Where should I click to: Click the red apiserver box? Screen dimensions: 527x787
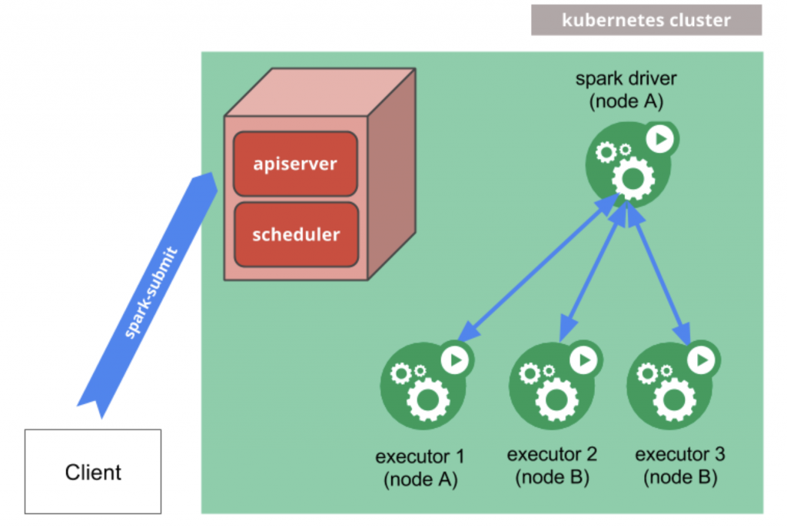[x=295, y=164]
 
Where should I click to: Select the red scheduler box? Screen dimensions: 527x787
[x=296, y=234]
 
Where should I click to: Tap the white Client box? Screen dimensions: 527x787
[x=93, y=471]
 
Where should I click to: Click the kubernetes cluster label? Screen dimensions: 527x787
[x=646, y=20]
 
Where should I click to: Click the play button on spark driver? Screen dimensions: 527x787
[x=659, y=138]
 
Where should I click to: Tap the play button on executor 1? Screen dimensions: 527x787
[x=455, y=359]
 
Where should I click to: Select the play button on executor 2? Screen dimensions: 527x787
[x=583, y=359]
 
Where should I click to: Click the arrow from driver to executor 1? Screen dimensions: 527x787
[x=538, y=269]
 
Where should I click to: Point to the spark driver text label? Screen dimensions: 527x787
[x=627, y=90]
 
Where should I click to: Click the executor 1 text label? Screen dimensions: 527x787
[x=420, y=468]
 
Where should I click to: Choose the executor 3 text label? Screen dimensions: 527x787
[x=679, y=465]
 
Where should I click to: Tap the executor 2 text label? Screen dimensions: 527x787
[x=552, y=465]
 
